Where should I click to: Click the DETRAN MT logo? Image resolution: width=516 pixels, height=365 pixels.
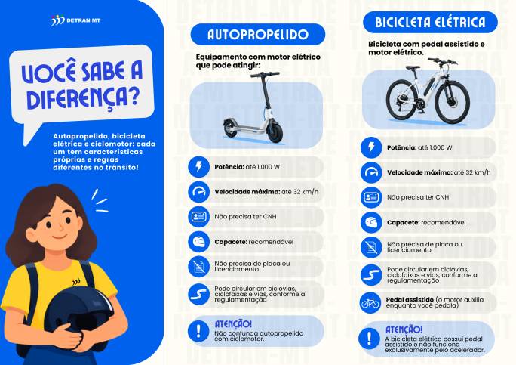75,20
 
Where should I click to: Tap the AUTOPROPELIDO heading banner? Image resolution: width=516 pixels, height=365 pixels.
258,34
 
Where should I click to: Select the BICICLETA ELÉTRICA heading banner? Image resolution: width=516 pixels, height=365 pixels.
430,22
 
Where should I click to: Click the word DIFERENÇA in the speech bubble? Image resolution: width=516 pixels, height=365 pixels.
83,98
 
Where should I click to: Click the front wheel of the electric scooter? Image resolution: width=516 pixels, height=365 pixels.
275,131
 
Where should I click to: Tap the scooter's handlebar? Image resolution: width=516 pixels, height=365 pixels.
265,75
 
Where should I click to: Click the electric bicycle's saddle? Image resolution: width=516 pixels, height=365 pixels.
413,67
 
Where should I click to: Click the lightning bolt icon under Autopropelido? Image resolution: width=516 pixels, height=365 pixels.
198,167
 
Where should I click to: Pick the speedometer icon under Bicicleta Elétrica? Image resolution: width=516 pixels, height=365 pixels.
371,172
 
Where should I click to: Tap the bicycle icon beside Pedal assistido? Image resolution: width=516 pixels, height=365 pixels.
370,302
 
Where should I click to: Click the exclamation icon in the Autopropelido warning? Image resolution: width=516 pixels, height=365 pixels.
198,331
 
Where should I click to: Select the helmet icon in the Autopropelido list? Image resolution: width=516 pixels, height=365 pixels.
198,242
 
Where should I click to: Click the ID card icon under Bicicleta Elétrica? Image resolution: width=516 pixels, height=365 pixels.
371,197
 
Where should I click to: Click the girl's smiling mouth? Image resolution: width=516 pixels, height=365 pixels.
60,237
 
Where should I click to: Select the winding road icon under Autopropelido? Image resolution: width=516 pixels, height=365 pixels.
198,294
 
